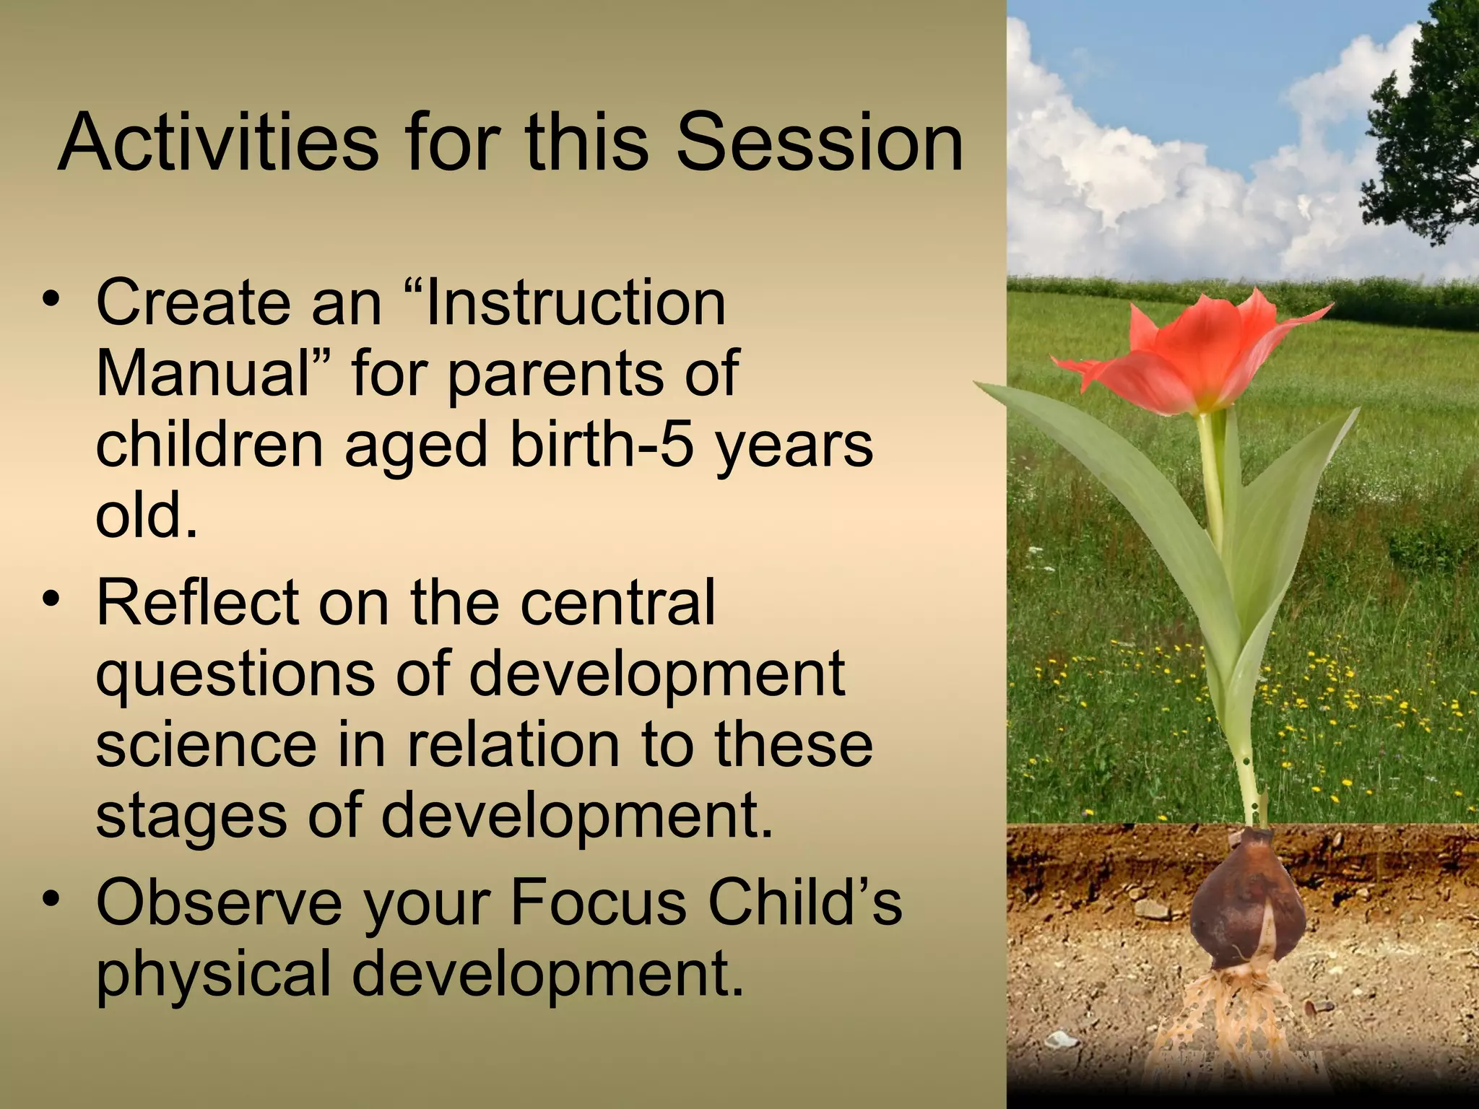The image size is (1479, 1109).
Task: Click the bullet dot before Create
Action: point(50,298)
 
